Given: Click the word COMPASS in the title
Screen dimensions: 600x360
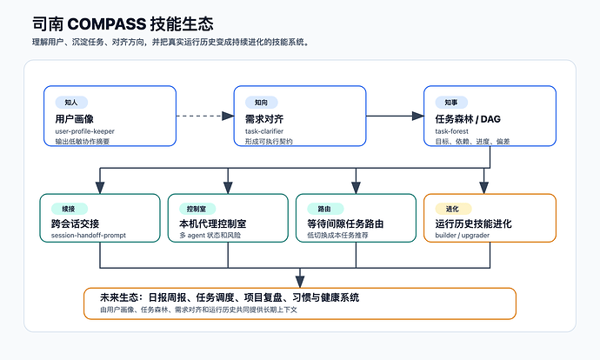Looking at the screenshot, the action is pyautogui.click(x=106, y=24).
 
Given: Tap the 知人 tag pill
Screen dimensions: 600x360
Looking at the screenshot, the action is pyautogui.click(x=71, y=102).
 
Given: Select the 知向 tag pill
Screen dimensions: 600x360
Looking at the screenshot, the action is pyautogui.click(x=262, y=102).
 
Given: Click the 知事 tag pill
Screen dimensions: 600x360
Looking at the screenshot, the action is pyautogui.click(x=451, y=102).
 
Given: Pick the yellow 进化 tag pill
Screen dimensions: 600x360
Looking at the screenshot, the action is pyautogui.click(x=453, y=209).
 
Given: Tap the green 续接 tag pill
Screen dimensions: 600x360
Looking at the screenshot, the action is pyautogui.click(x=70, y=209).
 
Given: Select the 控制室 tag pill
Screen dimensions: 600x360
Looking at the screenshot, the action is pyautogui.click(x=197, y=209).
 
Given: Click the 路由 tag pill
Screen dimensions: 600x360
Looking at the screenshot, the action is pyautogui.click(x=325, y=209).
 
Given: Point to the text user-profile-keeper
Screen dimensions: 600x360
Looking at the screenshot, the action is pyautogui.click(x=85, y=131).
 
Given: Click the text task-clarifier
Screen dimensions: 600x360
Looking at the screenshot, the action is pyautogui.click(x=264, y=131).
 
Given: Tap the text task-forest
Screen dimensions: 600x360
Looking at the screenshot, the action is pyautogui.click(x=451, y=131).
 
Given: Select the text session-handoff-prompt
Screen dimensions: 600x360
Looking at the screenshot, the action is pyautogui.click(x=89, y=236).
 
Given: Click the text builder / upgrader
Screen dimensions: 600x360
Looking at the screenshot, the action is pyautogui.click(x=463, y=236).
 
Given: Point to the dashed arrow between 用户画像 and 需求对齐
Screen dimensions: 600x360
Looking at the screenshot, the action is pyautogui.click(x=205, y=116).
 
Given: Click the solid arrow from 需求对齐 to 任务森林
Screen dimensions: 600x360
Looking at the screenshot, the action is pyautogui.click(x=395, y=116).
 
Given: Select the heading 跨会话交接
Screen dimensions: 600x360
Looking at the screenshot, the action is pyautogui.click(x=75, y=223).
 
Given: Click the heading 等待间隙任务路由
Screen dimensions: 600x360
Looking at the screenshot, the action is pyautogui.click(x=345, y=223).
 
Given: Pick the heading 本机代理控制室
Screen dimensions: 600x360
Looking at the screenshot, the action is pyautogui.click(x=213, y=223).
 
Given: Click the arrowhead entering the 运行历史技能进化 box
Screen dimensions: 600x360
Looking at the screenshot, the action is pyautogui.click(x=484, y=188).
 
